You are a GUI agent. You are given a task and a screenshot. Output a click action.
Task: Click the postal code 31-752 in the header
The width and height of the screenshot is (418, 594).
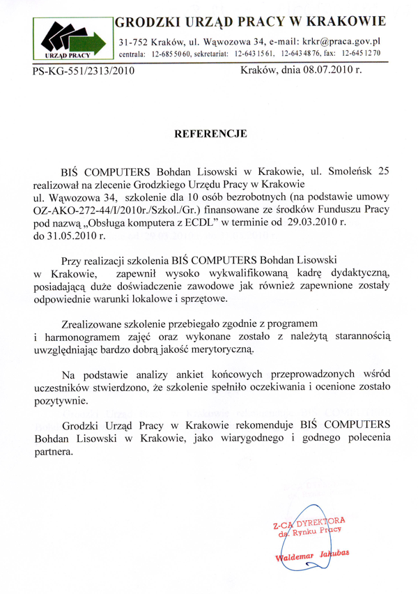[137, 42]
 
